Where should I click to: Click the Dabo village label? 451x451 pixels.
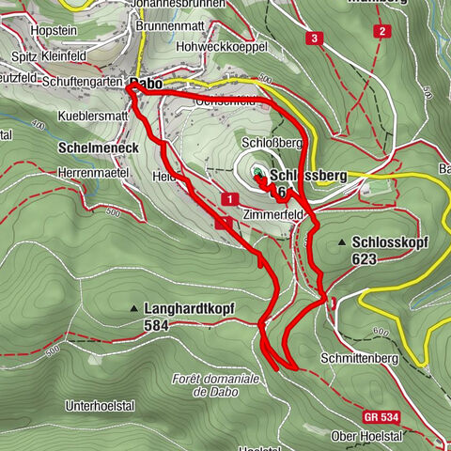(148, 84)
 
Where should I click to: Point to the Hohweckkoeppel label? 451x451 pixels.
(228, 46)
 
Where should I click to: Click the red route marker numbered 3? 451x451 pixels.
(313, 39)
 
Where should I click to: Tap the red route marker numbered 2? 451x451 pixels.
(381, 31)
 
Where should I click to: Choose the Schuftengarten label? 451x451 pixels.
(83, 84)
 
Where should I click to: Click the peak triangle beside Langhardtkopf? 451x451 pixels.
(134, 308)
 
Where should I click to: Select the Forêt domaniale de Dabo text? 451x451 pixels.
(212, 384)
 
